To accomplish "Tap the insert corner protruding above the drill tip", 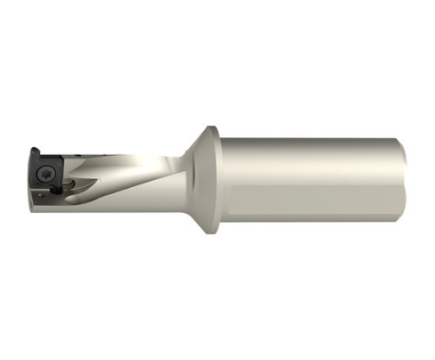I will pyautogui.click(x=33, y=151).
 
